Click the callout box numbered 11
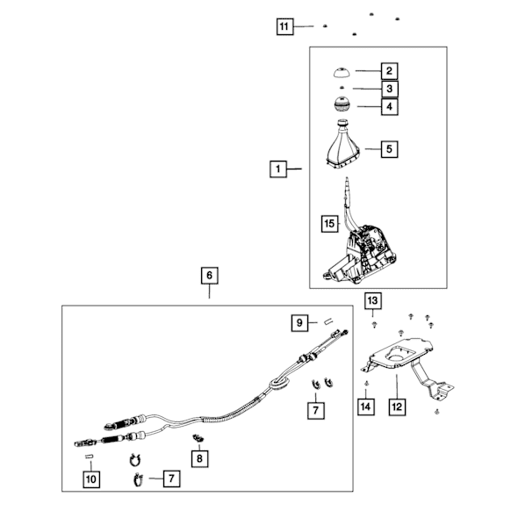click(x=284, y=26)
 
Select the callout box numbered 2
click(x=389, y=71)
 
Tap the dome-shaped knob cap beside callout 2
click(x=342, y=72)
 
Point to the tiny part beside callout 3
click(x=342, y=87)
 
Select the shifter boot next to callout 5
click(x=342, y=145)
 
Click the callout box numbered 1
click(x=278, y=169)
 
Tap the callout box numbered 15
click(x=329, y=224)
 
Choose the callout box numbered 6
click(x=209, y=276)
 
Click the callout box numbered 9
click(x=299, y=323)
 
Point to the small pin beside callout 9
click(x=328, y=322)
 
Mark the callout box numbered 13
click(x=372, y=301)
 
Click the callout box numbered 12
click(x=397, y=407)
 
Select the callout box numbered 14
click(x=365, y=407)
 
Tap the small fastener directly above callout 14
click(x=366, y=384)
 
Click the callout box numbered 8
click(x=199, y=459)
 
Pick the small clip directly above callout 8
click(x=198, y=438)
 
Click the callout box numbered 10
click(x=91, y=479)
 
